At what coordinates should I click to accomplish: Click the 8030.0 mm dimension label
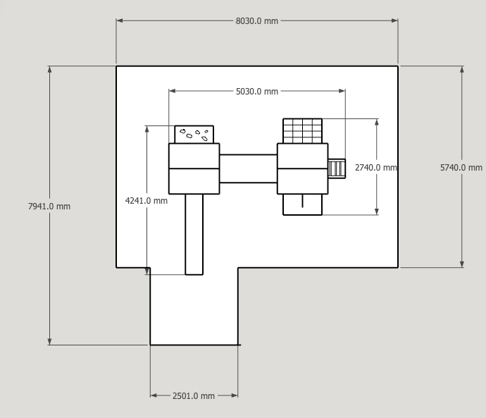(256, 21)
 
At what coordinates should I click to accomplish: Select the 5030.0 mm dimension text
(257, 92)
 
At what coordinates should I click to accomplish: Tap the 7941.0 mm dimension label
(49, 207)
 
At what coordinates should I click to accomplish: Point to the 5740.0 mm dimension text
(461, 168)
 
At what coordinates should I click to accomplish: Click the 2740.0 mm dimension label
(375, 168)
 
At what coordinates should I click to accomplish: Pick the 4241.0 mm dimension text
(147, 201)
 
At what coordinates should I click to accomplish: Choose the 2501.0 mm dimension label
(194, 396)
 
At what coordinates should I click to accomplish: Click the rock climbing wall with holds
(194, 135)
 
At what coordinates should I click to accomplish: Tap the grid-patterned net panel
(302, 131)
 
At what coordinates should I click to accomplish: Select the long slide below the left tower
(194, 235)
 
